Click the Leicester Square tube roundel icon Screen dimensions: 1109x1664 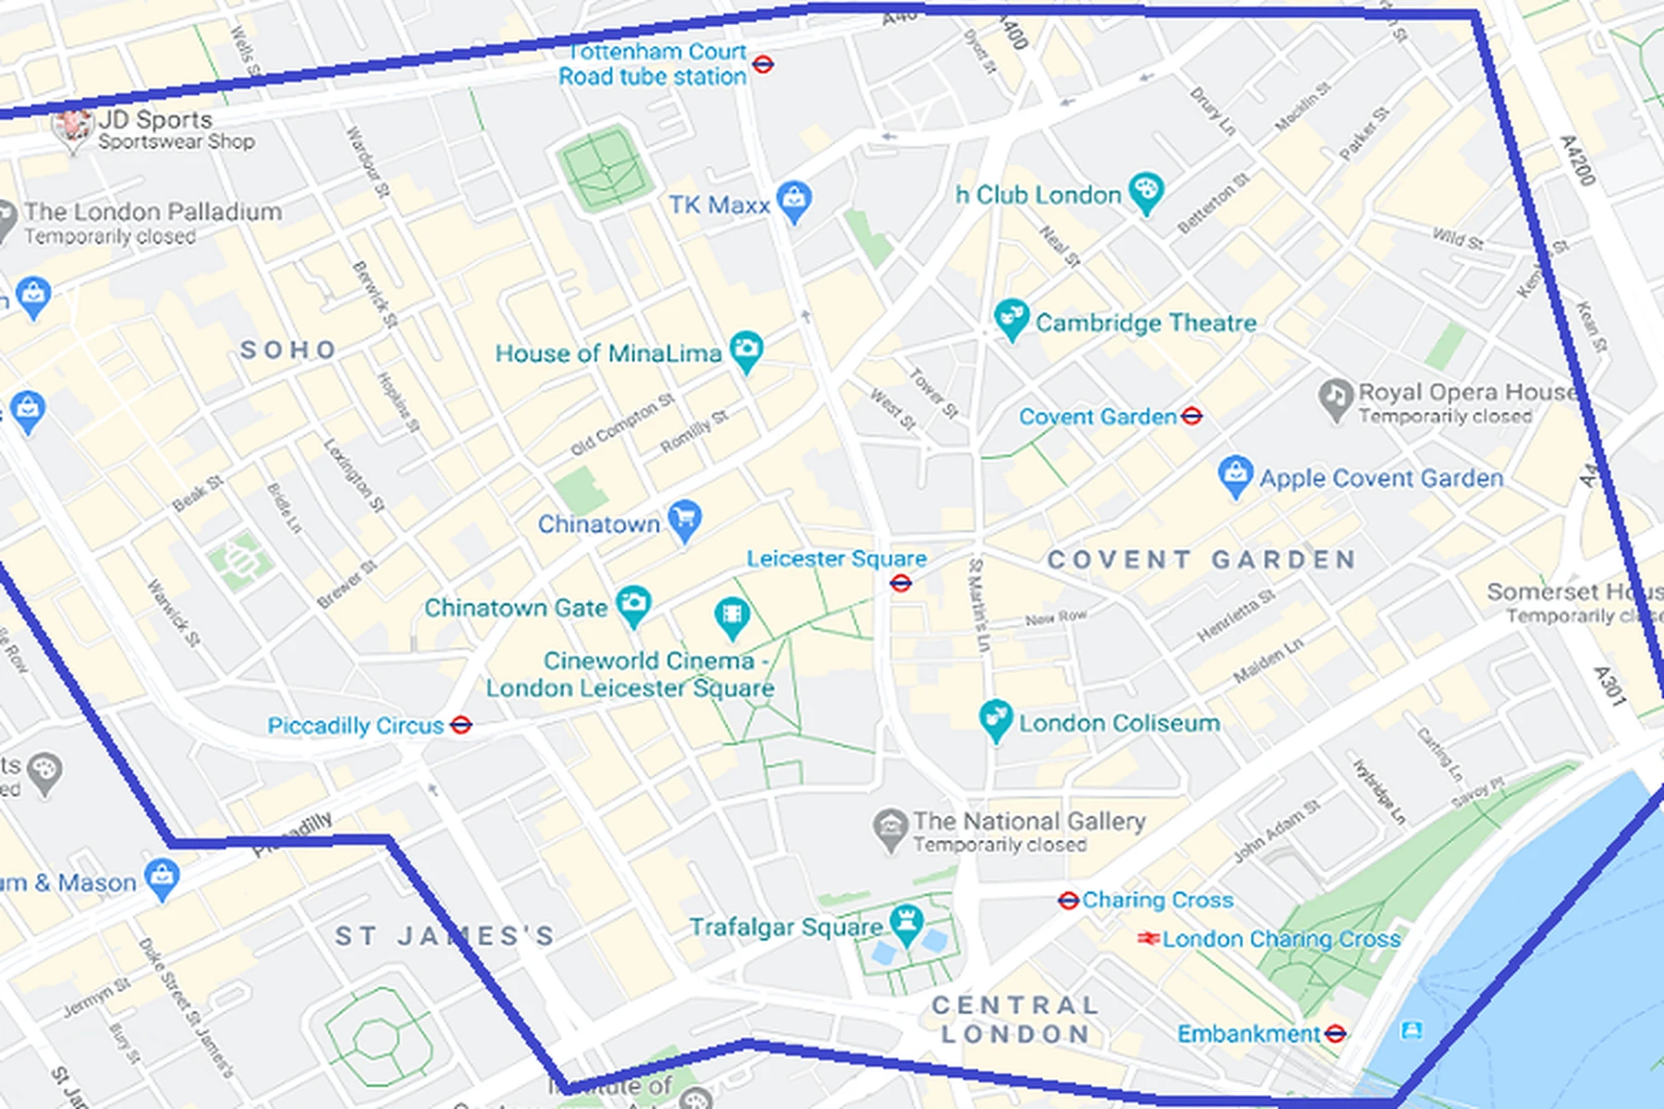click(x=900, y=583)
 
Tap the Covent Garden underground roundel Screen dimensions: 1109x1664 click(x=1192, y=417)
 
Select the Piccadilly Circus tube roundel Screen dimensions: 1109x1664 click(x=460, y=725)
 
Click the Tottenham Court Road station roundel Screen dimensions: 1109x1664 click(x=763, y=65)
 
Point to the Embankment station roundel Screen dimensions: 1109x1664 click(x=1335, y=1034)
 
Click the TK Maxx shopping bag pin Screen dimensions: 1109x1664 click(x=794, y=200)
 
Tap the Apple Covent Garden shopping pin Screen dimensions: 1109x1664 click(x=1235, y=475)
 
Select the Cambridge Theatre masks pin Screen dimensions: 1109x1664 click(x=1010, y=318)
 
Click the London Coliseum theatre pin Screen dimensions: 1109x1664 click(x=996, y=719)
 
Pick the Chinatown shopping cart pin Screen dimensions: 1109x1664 click(x=684, y=520)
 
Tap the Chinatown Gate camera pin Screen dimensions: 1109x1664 click(x=633, y=604)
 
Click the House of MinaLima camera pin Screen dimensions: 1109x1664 click(x=745, y=350)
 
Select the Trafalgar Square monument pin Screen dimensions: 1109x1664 click(x=905, y=923)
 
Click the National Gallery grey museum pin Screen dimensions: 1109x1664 click(x=890, y=828)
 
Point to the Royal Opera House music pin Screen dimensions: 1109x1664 click(x=1335, y=398)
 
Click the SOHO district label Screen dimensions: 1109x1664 click(x=288, y=350)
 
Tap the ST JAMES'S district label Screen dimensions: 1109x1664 click(x=445, y=936)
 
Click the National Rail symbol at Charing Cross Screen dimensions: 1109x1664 click(x=1148, y=939)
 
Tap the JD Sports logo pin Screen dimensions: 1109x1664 click(x=72, y=128)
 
